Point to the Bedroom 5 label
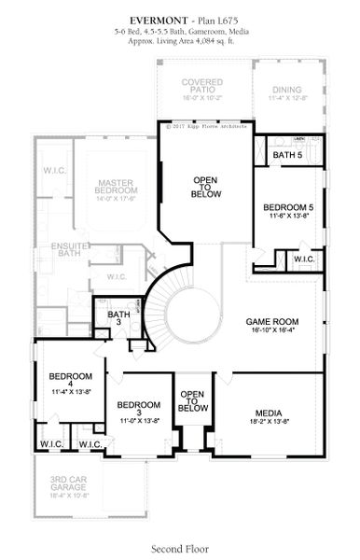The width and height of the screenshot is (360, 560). point(287,206)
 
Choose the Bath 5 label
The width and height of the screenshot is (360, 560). point(288,155)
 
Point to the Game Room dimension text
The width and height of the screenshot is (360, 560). point(273,329)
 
